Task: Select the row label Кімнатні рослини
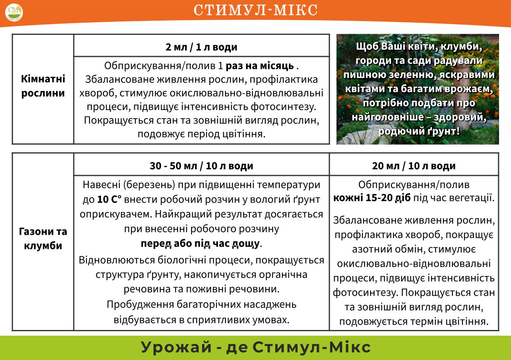click(x=43, y=86)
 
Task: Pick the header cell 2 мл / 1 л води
click(x=202, y=47)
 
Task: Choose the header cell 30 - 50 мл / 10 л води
click(x=202, y=166)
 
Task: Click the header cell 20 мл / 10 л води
click(x=414, y=166)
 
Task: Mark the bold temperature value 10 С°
click(x=110, y=199)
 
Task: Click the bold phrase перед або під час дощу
click(x=200, y=243)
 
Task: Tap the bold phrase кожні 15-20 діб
click(x=372, y=198)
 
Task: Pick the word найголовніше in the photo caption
click(x=380, y=117)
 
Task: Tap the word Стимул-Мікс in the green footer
click(x=311, y=347)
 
